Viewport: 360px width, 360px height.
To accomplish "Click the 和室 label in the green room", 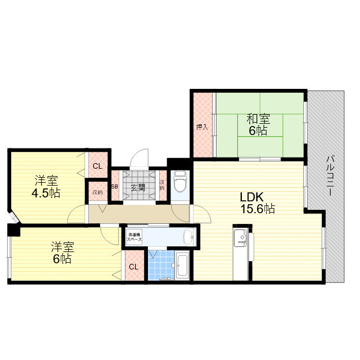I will click(258, 119).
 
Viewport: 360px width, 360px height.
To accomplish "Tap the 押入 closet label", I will click(202, 127).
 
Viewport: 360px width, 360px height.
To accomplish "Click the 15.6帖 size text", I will click(257, 209).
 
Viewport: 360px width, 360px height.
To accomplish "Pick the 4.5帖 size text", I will click(46, 193).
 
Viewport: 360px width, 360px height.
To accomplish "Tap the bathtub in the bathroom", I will click(183, 264).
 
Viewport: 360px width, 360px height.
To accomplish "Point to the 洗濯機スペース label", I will click(134, 237).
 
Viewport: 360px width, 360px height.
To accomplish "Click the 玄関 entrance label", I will click(138, 188).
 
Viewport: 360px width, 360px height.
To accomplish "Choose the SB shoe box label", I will click(114, 187).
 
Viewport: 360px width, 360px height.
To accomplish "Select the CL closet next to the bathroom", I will click(133, 267).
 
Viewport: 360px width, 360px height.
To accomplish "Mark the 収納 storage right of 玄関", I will click(162, 184).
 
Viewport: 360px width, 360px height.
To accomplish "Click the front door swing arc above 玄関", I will click(141, 157).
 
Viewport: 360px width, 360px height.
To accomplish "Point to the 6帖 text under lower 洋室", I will click(62, 259).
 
